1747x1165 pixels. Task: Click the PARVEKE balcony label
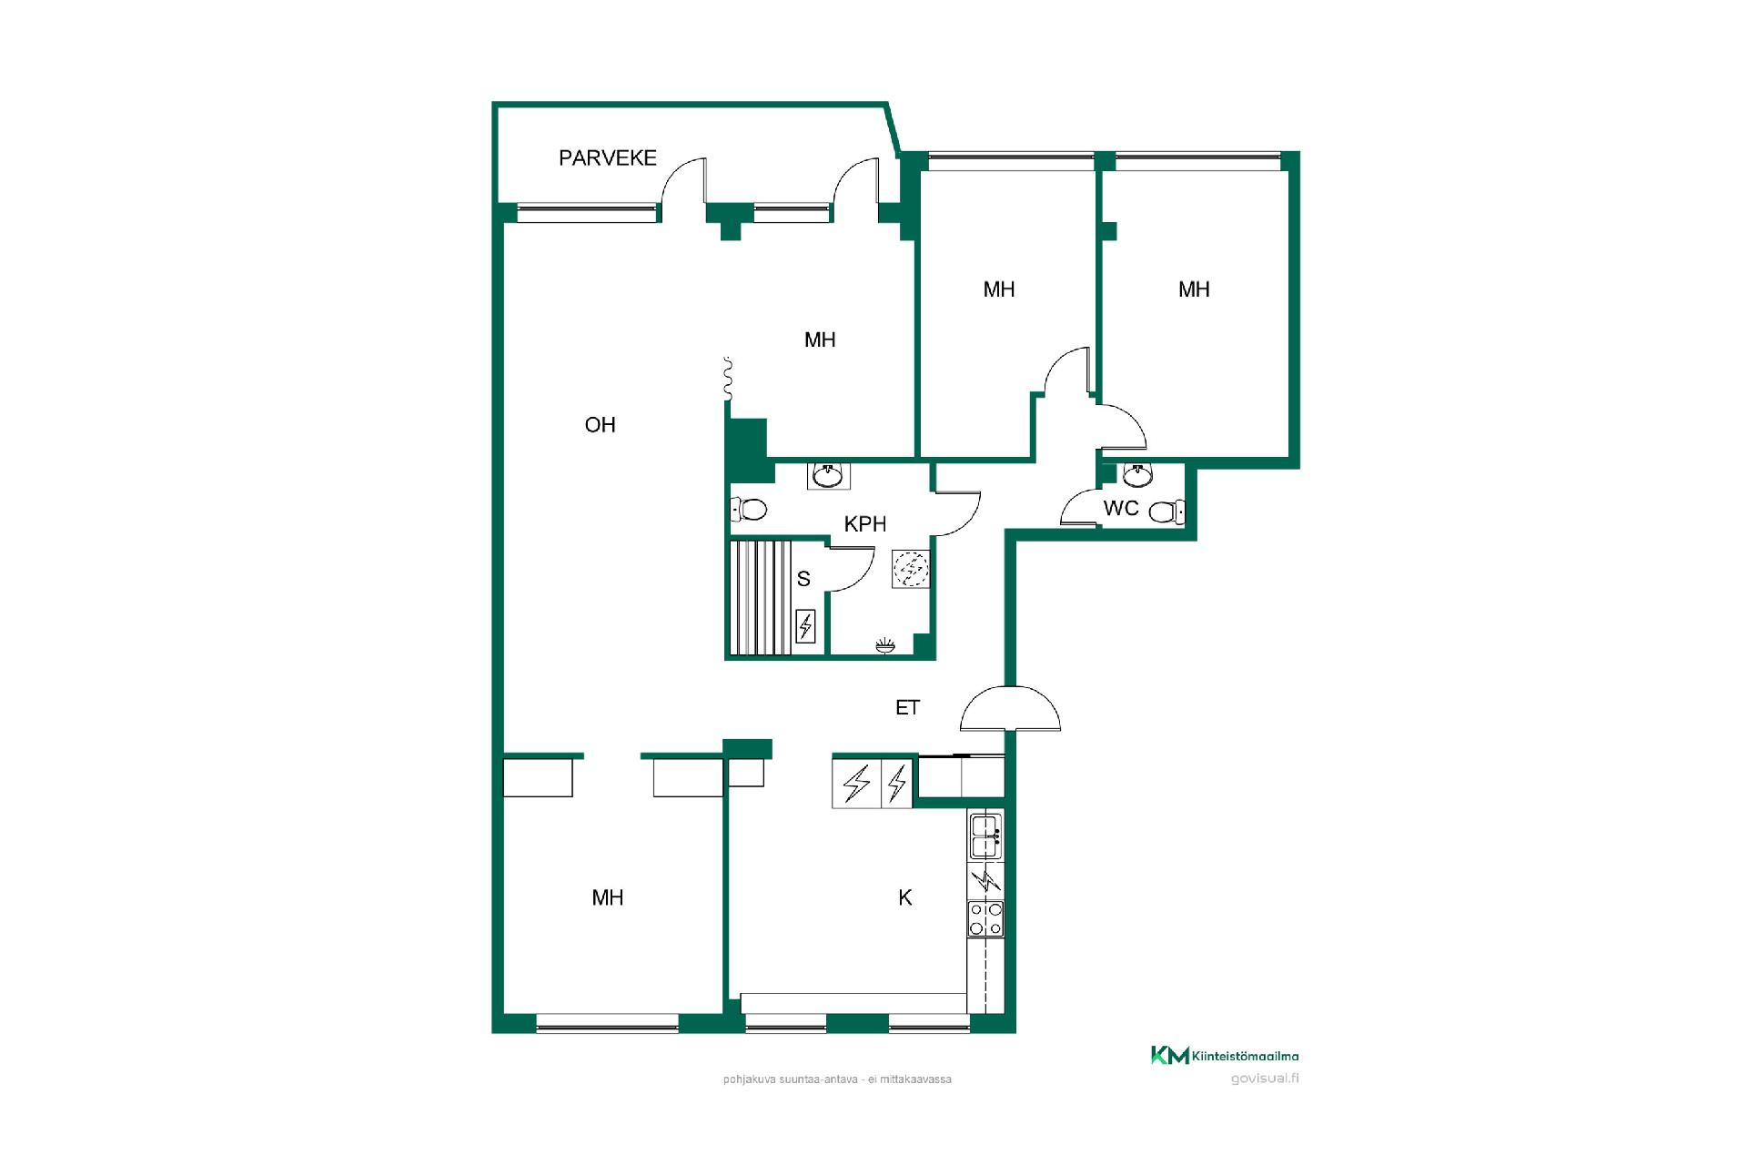pos(607,157)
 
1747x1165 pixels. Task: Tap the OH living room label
pos(600,424)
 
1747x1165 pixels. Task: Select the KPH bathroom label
pos(864,523)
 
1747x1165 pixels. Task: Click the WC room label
pos(1120,508)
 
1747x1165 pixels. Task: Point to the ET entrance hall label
pos(907,707)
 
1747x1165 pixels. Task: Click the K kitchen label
pos(904,897)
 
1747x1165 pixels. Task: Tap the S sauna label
pos(803,579)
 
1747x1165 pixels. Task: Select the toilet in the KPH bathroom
pos(749,509)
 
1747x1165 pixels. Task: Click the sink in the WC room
pos(1137,475)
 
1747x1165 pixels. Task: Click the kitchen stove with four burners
pos(985,918)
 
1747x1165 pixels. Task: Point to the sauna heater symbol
pos(805,626)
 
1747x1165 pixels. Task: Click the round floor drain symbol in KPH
pos(911,569)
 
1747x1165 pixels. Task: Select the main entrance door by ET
pos(1010,708)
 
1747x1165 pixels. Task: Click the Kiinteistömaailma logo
pos(1225,1056)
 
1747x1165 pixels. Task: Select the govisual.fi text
pos(1264,1079)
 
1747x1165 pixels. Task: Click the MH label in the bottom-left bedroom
pos(607,897)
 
